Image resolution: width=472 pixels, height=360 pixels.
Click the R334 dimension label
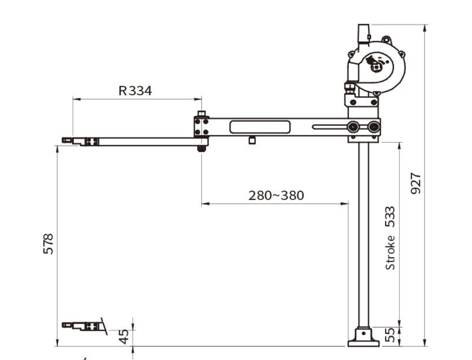pos(135,91)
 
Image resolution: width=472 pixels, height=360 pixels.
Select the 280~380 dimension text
pos(276,195)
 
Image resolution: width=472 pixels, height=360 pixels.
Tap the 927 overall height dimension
pos(415,183)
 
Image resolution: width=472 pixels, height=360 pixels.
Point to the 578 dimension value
pos(48,244)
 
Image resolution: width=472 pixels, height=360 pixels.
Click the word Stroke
pos(390,252)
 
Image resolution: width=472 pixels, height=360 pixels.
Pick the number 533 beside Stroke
pos(390,217)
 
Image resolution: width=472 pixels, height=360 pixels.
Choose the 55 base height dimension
pos(390,335)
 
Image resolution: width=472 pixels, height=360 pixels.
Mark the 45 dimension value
pos(123,337)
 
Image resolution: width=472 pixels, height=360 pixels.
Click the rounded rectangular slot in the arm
pos(260,127)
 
